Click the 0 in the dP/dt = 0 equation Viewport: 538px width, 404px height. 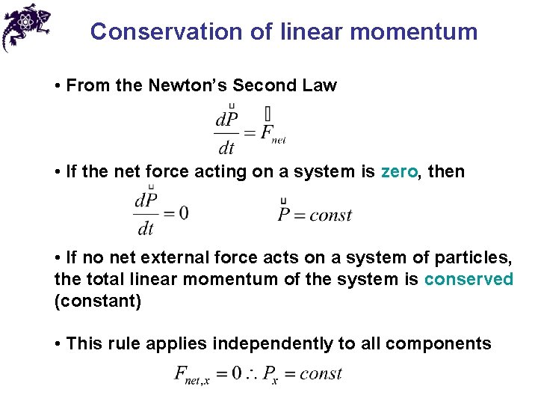[183, 213]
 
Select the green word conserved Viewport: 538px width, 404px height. [469, 279]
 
